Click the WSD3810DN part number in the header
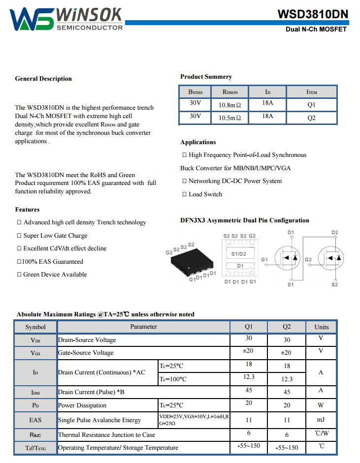[313, 14]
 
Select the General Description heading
[43, 79]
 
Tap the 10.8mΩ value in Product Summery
[229, 105]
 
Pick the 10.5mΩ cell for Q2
[229, 118]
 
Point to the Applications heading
[198, 142]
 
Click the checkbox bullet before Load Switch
[184, 194]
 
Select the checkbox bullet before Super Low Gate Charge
[19, 236]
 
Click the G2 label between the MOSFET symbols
[308, 259]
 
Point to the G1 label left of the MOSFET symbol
[264, 259]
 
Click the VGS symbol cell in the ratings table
[35, 353]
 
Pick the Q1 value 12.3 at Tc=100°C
[249, 377]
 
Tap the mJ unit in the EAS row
[321, 420]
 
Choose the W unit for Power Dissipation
[321, 405]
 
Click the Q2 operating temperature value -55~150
[287, 448]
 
